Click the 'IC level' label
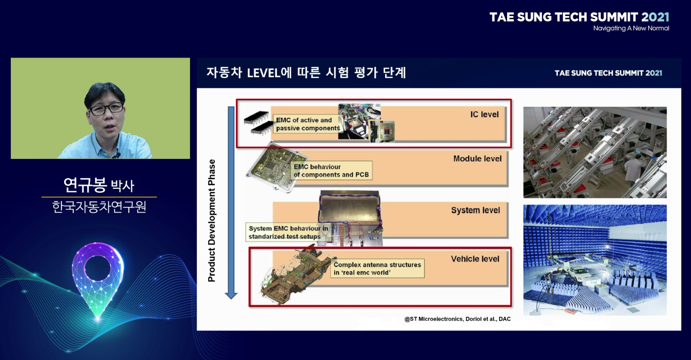coord(484,114)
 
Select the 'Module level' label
coord(477,158)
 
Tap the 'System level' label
coord(475,210)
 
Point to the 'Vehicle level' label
coord(475,259)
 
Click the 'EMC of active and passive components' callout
coord(307,124)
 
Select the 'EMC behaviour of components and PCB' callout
coord(331,170)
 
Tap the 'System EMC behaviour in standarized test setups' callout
coord(288,232)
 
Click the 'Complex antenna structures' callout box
coord(377,268)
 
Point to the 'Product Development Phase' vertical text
coord(212,220)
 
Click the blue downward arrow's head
coord(231,296)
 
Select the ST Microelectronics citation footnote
coord(457,319)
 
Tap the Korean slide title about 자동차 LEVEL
coord(306,72)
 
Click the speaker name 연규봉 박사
coord(99,185)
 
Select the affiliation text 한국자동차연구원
coord(99,207)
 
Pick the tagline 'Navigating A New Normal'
coord(631,28)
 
